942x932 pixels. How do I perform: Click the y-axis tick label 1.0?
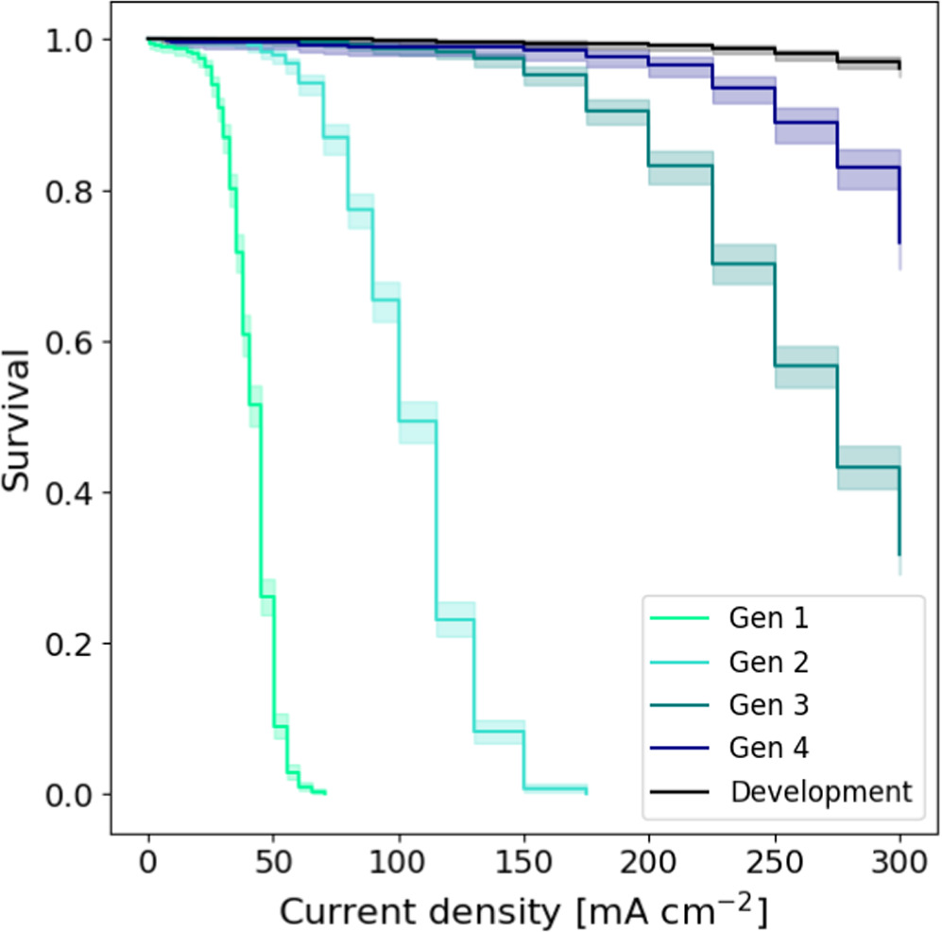click(x=73, y=41)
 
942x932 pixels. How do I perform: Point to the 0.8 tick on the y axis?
click(x=73, y=191)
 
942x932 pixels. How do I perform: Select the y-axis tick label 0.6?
click(x=73, y=342)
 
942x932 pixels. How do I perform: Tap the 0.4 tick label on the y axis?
click(x=73, y=492)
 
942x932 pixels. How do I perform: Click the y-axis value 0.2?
click(x=73, y=644)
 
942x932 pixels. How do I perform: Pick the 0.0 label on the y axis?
click(x=73, y=794)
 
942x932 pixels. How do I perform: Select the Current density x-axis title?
click(x=522, y=910)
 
